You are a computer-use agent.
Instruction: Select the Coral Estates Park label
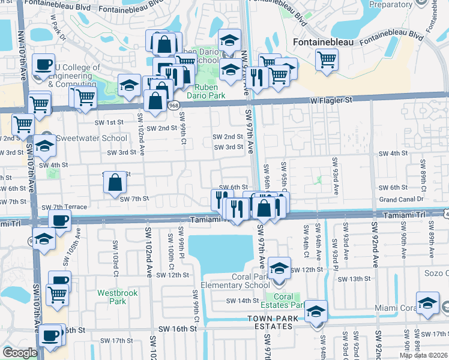[x=285, y=301]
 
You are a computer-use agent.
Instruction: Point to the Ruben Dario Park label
[x=205, y=91]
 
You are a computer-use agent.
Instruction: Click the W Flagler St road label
[x=331, y=101]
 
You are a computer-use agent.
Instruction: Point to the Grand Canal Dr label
[x=402, y=199]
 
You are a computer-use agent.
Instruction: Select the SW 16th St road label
[x=178, y=329]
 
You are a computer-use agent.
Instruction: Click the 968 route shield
[x=173, y=106]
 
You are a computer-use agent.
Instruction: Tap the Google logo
[x=20, y=353]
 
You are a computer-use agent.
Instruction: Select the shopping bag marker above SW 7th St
[x=115, y=182]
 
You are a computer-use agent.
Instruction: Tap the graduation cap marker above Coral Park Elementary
[x=279, y=268]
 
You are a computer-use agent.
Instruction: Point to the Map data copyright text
[x=424, y=355]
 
